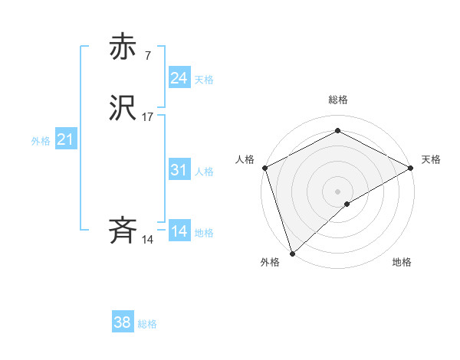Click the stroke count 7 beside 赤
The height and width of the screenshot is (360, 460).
point(147,55)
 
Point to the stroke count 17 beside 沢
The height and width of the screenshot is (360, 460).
point(147,117)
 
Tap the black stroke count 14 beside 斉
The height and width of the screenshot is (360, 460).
point(147,240)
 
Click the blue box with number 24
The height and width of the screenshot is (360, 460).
point(179,77)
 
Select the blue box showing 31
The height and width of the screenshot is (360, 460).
point(179,170)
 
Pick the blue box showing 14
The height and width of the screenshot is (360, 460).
point(179,231)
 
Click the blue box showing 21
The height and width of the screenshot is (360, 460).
point(65,139)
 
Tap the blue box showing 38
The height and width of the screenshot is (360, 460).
point(122,322)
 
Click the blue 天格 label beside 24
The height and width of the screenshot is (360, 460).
point(203,80)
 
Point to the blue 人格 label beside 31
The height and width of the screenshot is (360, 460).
point(203,172)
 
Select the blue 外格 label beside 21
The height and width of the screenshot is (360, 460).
point(41,141)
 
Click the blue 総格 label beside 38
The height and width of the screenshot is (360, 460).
point(147,324)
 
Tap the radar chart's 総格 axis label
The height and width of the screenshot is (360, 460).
point(338,100)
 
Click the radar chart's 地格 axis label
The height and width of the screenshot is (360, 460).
point(402,262)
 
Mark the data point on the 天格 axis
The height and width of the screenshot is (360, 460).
point(411,168)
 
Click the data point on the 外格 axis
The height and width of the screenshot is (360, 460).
point(292,253)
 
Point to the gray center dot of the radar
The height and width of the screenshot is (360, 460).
point(338,191)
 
